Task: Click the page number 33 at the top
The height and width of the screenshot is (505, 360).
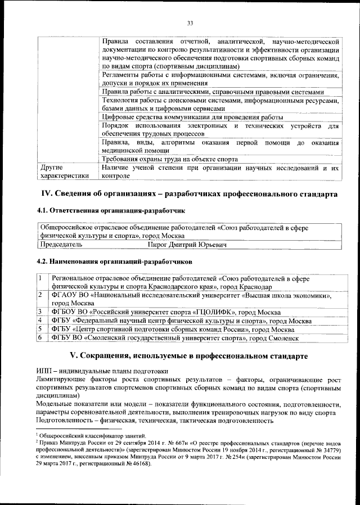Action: (x=190, y=22)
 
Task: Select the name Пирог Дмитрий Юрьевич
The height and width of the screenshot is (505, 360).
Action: (x=187, y=245)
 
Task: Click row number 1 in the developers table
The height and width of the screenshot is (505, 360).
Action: (x=40, y=278)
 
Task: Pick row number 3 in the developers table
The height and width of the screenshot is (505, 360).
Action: (x=40, y=311)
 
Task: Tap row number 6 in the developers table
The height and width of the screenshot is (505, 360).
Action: (x=40, y=337)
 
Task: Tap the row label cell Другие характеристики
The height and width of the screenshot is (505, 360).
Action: (x=62, y=172)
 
